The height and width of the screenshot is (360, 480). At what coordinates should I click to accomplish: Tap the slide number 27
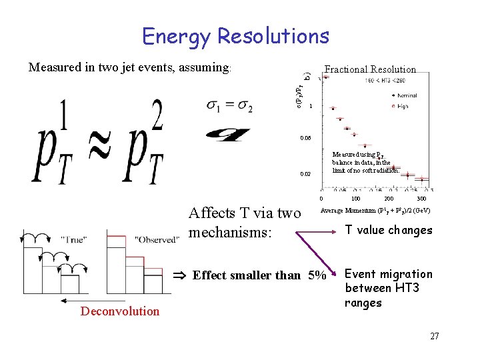click(434, 336)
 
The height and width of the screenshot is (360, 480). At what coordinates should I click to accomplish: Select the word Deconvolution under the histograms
click(120, 311)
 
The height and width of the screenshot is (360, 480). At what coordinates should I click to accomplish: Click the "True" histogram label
click(78, 239)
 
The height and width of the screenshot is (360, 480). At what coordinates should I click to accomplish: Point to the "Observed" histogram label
click(157, 239)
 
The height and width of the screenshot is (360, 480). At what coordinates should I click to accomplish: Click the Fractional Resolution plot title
click(369, 69)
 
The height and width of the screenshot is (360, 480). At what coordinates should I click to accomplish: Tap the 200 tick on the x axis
click(388, 199)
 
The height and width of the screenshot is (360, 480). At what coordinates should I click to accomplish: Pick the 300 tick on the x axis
click(421, 199)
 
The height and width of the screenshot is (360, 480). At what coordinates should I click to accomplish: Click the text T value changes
click(388, 231)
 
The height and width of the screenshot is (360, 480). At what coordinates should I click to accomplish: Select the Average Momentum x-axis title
click(375, 211)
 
